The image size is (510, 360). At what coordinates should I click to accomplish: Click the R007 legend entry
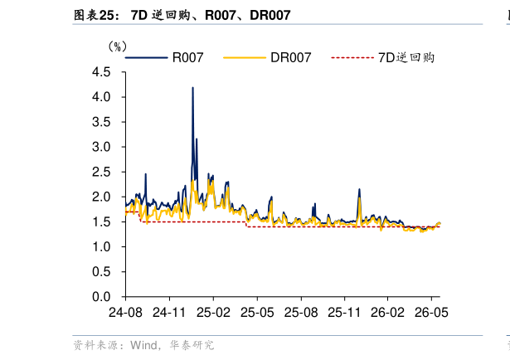click(164, 57)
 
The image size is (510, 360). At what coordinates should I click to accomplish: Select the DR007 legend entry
click(267, 57)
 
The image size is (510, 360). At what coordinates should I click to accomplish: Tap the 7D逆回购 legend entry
click(383, 57)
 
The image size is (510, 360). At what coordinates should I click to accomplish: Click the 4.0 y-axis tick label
click(101, 97)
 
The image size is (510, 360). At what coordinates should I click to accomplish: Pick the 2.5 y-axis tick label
click(101, 172)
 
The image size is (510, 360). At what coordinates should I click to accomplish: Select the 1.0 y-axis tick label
click(101, 247)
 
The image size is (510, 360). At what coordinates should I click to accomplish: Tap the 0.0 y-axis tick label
click(101, 297)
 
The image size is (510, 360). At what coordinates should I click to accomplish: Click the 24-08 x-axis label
click(125, 313)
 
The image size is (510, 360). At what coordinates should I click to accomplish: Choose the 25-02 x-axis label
click(213, 313)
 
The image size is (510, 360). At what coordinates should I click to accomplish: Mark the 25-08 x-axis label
click(301, 313)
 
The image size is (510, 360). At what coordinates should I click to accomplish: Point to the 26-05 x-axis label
click(431, 313)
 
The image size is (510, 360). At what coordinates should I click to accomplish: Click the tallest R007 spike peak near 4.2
click(193, 87)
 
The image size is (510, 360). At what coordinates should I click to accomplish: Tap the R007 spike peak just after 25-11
click(359, 189)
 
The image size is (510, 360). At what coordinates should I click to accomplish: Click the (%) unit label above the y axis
click(118, 46)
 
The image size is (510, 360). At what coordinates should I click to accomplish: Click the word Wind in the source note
click(143, 345)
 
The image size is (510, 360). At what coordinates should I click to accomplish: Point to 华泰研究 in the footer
click(192, 345)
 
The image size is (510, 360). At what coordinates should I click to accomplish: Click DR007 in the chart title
click(270, 15)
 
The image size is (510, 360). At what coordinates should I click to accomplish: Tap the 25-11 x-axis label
click(344, 313)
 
